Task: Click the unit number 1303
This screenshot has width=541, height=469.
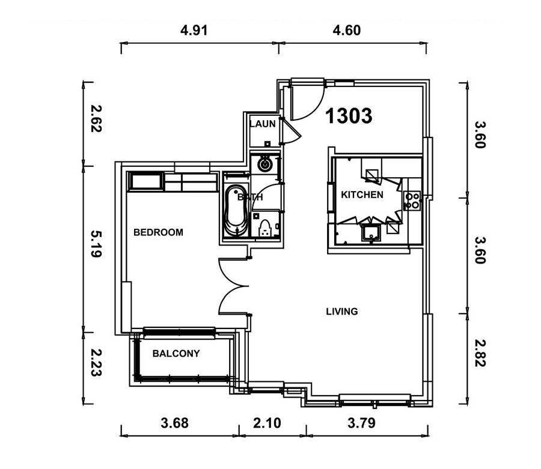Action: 349,116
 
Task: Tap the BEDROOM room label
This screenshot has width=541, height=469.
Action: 158,232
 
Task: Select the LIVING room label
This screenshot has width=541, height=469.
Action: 342,312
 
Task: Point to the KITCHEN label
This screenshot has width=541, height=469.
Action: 362,195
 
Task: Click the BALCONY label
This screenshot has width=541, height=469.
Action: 176,354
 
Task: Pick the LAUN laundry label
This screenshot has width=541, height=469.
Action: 263,124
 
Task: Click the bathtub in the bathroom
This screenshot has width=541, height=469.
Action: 236,211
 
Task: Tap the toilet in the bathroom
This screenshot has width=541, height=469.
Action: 265,228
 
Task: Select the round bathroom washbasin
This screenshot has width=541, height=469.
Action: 265,165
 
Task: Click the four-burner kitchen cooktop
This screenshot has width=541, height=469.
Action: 412,201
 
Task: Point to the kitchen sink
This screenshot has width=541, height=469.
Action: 370,233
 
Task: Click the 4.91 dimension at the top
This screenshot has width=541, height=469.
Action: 194,30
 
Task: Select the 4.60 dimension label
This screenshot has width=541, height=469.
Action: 347,30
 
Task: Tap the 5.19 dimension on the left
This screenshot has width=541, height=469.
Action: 96,244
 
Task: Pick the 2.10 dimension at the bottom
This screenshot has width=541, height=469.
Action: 267,423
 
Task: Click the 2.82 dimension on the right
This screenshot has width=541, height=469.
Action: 480,353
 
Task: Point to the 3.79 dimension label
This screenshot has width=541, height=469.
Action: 361,423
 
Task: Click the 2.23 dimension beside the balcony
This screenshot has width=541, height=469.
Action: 96,363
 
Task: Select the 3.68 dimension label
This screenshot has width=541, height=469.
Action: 174,423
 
